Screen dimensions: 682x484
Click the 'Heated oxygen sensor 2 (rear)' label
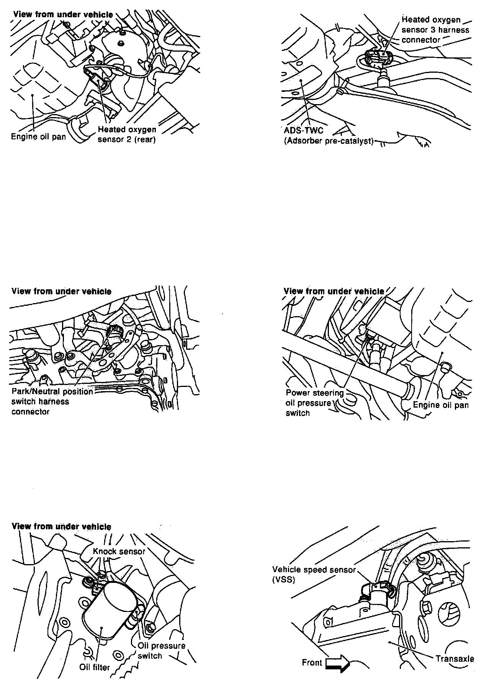127,135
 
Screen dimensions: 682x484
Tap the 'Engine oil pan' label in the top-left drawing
38,137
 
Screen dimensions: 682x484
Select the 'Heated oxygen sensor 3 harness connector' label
435,30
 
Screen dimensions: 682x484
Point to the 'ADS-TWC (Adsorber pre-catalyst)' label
329,136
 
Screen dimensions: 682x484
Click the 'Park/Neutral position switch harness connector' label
52,401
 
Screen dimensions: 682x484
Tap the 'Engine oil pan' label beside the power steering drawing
440,405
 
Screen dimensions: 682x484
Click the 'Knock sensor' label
119,551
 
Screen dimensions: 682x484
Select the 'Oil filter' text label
95,667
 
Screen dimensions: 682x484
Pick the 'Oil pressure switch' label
161,651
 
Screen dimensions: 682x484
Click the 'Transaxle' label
455,659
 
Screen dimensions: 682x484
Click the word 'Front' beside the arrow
312,662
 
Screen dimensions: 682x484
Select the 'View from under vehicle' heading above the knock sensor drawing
62,526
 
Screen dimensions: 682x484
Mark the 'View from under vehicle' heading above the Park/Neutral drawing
62,291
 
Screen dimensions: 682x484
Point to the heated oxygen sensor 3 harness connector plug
377,57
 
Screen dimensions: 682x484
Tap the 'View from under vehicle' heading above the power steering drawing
334,291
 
